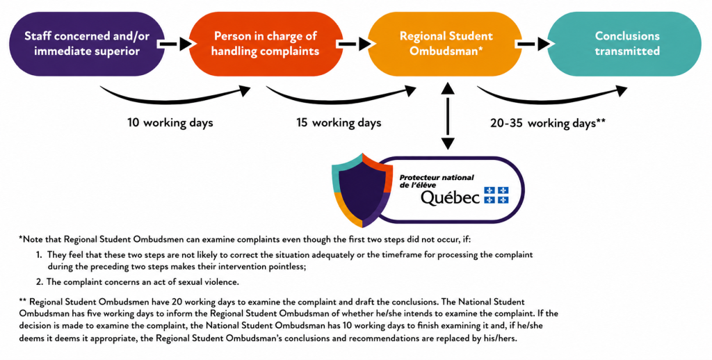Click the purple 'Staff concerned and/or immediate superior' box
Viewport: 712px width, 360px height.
[x=87, y=44]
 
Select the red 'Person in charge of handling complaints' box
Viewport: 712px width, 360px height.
[x=266, y=44]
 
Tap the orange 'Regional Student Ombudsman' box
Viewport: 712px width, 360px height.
[x=445, y=44]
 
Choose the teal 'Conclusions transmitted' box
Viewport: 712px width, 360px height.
[x=624, y=44]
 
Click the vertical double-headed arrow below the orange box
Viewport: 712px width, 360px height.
[x=448, y=116]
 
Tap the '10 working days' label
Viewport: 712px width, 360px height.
[x=170, y=122]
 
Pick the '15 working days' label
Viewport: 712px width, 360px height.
[x=339, y=122]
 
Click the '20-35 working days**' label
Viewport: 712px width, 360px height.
[x=548, y=123]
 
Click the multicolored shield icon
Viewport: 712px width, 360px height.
[x=362, y=190]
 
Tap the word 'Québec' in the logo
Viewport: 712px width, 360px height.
[x=450, y=198]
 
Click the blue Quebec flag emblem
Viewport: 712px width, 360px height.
[x=496, y=195]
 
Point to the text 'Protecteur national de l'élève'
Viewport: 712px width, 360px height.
[x=437, y=181]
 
